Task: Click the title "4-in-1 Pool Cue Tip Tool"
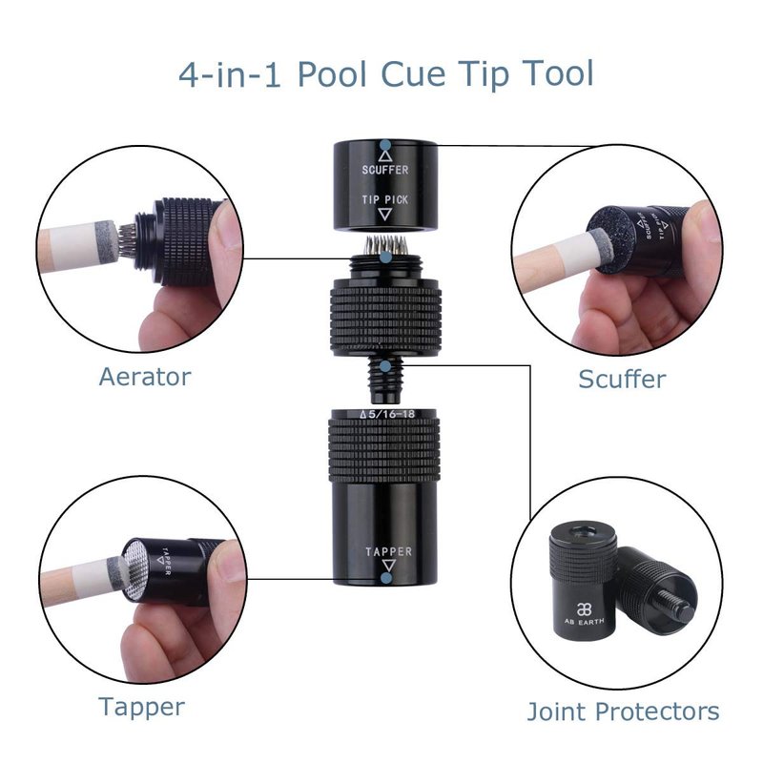tap(386, 74)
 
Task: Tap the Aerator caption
tap(145, 377)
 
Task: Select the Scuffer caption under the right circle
tap(622, 379)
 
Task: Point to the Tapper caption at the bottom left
tap(141, 707)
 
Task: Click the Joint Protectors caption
tap(623, 711)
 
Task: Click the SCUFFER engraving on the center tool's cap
tap(385, 170)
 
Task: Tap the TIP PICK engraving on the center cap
tap(385, 199)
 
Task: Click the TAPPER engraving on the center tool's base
tap(389, 551)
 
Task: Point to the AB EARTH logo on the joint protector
tap(584, 614)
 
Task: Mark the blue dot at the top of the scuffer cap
tap(385, 145)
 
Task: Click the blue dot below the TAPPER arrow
tap(386, 578)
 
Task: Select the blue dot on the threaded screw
tap(385, 366)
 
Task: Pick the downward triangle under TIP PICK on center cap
tap(385, 214)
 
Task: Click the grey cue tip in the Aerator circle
tap(106, 242)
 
